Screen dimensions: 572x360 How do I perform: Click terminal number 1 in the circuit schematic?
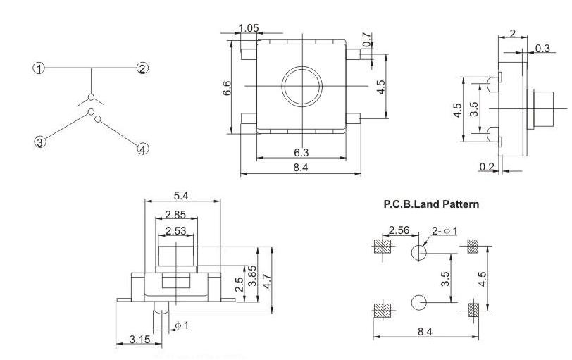(x=39, y=68)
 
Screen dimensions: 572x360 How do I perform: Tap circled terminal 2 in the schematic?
(x=142, y=68)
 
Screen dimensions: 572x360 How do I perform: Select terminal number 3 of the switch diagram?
(x=40, y=142)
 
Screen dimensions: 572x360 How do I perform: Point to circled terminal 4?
(x=143, y=149)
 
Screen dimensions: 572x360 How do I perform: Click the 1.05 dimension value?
(x=249, y=28)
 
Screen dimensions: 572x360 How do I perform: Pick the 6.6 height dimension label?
(x=227, y=88)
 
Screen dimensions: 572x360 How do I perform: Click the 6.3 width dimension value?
(x=301, y=152)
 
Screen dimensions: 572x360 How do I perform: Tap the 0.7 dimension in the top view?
(x=368, y=39)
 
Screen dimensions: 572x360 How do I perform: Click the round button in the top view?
(x=302, y=87)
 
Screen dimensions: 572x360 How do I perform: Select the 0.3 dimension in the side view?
(x=542, y=48)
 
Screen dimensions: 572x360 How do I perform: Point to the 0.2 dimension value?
(x=487, y=167)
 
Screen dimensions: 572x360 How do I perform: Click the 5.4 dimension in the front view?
(x=181, y=196)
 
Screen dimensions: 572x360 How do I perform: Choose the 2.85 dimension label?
(x=175, y=214)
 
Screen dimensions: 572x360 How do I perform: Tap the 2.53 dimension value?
(x=176, y=231)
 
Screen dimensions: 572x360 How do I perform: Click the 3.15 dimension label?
(x=139, y=340)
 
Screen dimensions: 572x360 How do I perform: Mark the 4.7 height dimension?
(x=268, y=281)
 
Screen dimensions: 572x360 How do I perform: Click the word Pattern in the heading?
(x=461, y=204)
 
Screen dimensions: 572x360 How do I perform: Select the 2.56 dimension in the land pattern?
(x=399, y=230)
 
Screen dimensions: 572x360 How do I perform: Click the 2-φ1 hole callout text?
(x=444, y=231)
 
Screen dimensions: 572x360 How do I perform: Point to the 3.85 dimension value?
(x=252, y=275)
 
